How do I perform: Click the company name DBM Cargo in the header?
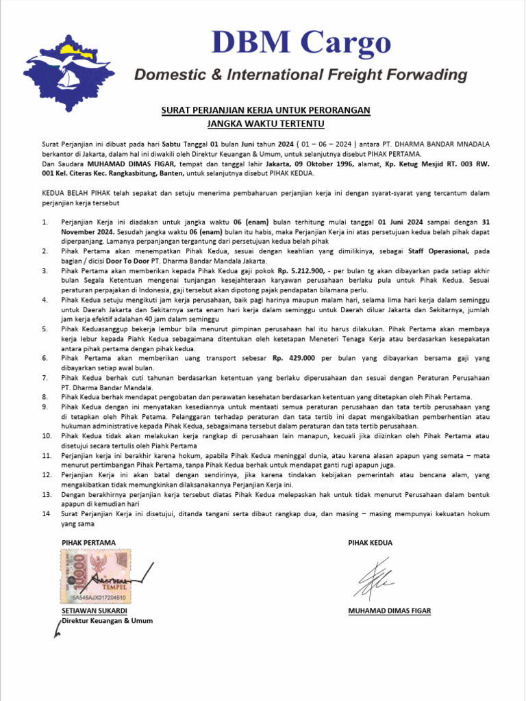[301, 42]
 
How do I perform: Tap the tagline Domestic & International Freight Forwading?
[295, 75]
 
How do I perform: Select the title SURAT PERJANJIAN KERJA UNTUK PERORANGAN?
[265, 110]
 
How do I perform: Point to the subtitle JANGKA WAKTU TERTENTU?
[265, 124]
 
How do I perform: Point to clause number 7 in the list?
[45, 377]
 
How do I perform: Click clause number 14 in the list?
[46, 512]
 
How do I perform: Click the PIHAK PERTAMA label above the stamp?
[88, 542]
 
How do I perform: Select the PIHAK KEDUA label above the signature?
[370, 542]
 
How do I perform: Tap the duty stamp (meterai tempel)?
[95, 576]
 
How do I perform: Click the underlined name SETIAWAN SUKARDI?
[94, 611]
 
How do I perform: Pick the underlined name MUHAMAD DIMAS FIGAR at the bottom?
[389, 611]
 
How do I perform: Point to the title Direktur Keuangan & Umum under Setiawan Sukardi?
[107, 621]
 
